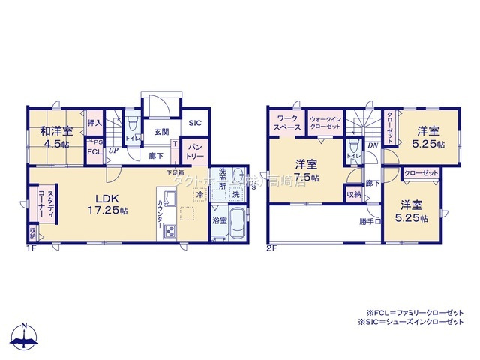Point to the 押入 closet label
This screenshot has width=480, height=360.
click(x=94, y=123)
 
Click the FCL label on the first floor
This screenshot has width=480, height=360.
click(x=94, y=151)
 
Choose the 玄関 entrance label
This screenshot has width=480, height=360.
click(x=161, y=132)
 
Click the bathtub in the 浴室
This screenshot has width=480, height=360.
click(x=238, y=223)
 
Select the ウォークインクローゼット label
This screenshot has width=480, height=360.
click(x=326, y=123)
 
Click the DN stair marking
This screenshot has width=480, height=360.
click(x=373, y=147)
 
